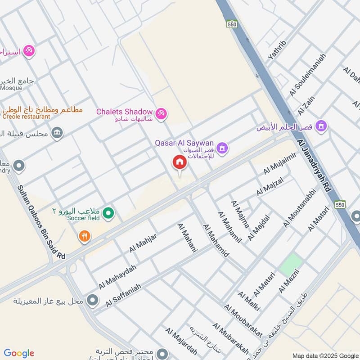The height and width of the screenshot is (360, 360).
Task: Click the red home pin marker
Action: tap(179, 163)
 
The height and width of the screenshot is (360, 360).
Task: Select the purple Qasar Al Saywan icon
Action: tap(222, 148)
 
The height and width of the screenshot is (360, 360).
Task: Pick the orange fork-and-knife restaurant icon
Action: tap(84, 236)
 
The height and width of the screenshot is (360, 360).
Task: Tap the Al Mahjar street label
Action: tap(143, 243)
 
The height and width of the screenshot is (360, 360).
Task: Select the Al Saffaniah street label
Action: tap(123, 295)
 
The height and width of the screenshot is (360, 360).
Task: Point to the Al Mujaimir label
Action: tap(279, 163)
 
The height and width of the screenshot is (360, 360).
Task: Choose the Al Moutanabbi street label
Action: tap(300, 207)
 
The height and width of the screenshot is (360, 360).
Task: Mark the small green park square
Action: tap(290, 265)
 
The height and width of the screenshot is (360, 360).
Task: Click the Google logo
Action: tap(19, 353)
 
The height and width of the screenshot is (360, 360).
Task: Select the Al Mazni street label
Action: tap(289, 279)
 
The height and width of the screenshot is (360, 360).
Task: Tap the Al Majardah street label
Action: tap(178, 343)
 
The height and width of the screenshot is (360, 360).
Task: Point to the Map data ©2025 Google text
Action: tap(325, 355)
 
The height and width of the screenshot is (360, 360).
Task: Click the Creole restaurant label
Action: tap(25, 117)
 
